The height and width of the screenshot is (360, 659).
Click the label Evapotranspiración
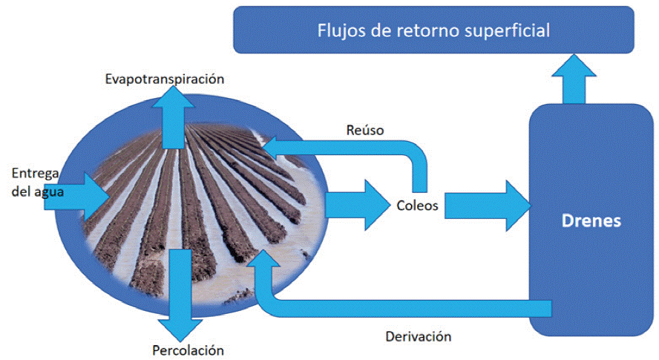tap(164, 78)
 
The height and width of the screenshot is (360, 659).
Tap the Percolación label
tap(188, 350)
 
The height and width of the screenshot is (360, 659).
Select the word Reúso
tap(364, 131)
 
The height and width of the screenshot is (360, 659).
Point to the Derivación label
tap(419, 336)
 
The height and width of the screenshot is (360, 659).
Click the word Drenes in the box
tap(591, 221)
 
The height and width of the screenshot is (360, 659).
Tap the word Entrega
tap(35, 174)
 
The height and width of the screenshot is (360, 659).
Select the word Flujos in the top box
tap(340, 30)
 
